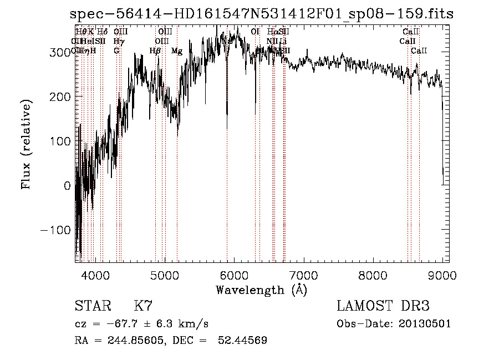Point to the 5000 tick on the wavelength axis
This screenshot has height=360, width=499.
pos(165,275)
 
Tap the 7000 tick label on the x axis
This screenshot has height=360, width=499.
pos(303,275)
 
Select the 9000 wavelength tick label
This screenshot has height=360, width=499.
pos(442,275)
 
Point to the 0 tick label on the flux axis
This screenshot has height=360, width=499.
pos(68,186)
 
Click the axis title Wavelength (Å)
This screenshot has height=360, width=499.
pos(261,290)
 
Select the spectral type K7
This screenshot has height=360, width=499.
pos(143,306)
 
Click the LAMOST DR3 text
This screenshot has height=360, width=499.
pos(383,306)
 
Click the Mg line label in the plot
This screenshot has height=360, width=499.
pos(177,51)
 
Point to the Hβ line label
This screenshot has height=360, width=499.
pos(155,51)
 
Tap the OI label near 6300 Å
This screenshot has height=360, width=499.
pos(255,32)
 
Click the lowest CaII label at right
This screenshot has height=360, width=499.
pos(419,51)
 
